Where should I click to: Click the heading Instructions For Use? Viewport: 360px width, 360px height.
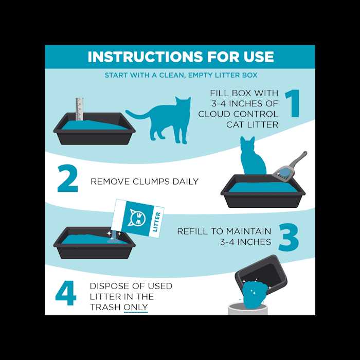point(180,57)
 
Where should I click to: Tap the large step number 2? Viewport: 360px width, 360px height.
point(67,178)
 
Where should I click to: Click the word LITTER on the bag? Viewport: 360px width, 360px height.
point(157,222)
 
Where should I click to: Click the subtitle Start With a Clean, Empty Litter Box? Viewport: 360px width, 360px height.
point(180,75)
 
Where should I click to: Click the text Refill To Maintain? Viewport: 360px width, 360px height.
point(222,231)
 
